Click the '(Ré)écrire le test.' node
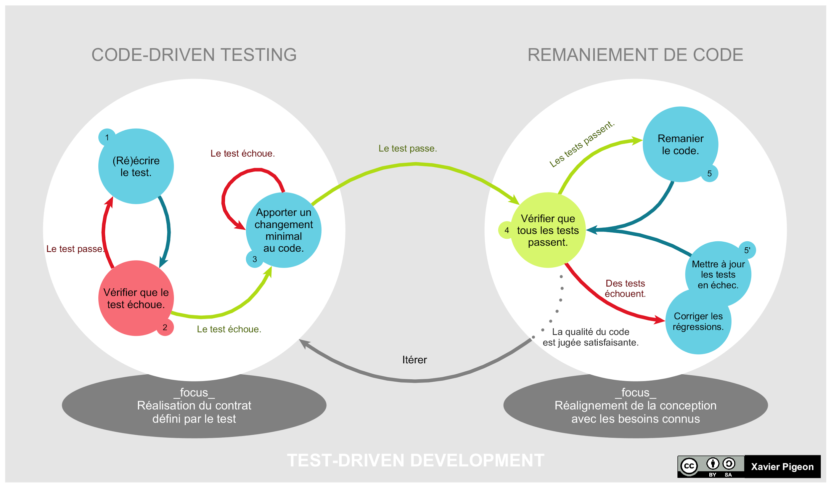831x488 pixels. click(x=136, y=166)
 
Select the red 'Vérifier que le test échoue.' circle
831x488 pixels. click(x=136, y=298)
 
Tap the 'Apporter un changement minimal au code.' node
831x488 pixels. click(x=284, y=230)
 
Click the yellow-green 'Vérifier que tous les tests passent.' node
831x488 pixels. click(x=548, y=230)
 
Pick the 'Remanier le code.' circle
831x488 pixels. click(x=680, y=145)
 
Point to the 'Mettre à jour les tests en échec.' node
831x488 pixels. click(x=718, y=274)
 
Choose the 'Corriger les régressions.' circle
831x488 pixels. click(x=698, y=321)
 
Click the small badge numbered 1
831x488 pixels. click(x=107, y=137)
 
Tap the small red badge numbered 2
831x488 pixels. click(x=165, y=327)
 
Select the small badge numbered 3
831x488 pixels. click(x=255, y=259)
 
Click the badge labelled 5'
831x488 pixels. click(x=747, y=250)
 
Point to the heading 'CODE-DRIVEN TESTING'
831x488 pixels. click(x=194, y=55)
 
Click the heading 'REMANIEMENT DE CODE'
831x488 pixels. click(x=635, y=55)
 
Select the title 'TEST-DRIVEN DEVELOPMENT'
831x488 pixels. click(x=415, y=460)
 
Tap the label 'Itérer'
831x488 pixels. click(x=414, y=360)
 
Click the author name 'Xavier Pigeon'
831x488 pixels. click(x=782, y=467)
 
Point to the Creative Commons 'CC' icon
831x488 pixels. click(x=689, y=466)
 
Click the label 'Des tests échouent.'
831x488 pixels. click(x=625, y=288)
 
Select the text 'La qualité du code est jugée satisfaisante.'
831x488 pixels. click(x=590, y=337)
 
